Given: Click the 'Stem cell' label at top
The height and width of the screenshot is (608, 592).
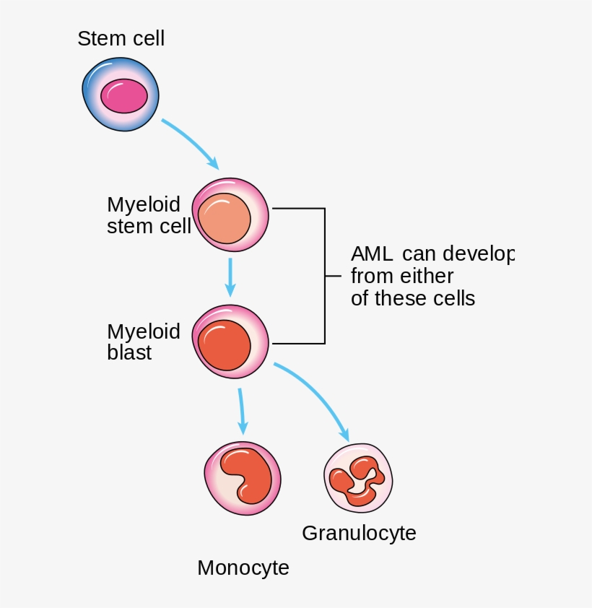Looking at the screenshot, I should pos(121,38).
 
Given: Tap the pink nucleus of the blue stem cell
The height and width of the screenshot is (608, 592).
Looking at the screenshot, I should pos(123,96).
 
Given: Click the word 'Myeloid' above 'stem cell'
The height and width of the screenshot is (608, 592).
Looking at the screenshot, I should pos(144,204).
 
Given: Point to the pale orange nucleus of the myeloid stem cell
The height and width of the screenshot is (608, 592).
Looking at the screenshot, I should pos(225,219).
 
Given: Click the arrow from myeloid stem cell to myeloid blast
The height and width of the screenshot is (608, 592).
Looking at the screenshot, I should pos(230,277).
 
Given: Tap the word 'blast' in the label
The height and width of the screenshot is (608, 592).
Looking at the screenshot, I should pos(129,353).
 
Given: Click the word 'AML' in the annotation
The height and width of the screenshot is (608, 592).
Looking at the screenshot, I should pos(372,254).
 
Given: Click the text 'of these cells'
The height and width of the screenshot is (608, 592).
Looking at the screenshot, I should pos(412,298).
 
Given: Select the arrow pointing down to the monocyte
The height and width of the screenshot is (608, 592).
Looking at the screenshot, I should pos(242,411).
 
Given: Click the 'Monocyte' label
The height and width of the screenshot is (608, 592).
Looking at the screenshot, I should pos(243,568).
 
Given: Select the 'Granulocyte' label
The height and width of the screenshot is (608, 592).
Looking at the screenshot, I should pos(359,533).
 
